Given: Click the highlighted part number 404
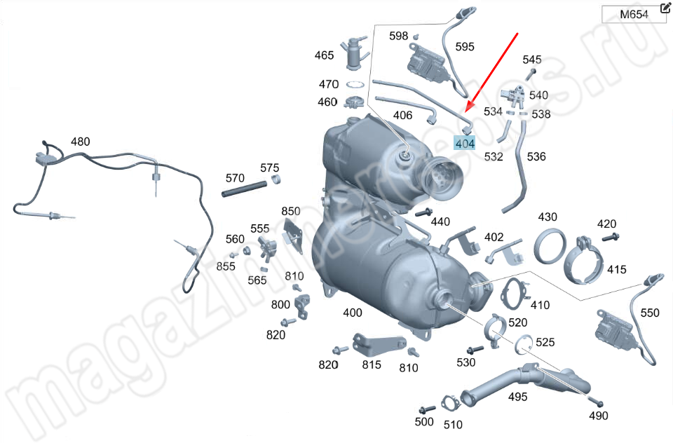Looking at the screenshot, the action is click(465, 144).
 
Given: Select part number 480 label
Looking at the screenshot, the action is click(80, 142).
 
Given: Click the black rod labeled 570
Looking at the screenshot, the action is click(244, 189).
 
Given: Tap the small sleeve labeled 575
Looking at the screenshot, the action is click(277, 179).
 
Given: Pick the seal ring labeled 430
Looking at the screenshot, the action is click(550, 247).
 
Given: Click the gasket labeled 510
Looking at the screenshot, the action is click(450, 403).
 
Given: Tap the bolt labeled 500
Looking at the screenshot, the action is click(428, 409).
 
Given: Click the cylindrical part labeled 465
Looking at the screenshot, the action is click(354, 53).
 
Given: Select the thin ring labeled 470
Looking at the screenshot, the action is click(355, 85).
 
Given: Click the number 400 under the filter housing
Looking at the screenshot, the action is click(353, 313).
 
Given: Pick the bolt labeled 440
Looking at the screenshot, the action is click(423, 212).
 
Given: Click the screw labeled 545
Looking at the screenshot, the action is click(530, 74).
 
